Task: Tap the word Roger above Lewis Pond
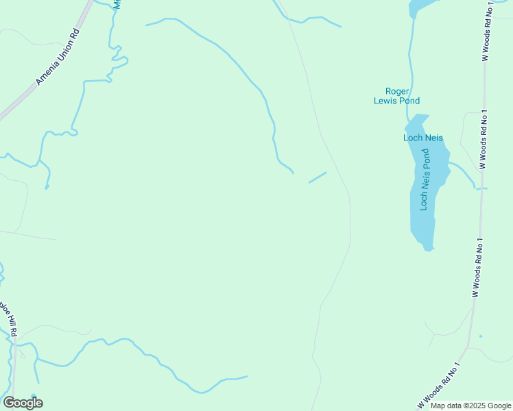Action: (397, 91)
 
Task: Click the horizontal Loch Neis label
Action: (422, 138)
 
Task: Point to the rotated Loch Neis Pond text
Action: (425, 184)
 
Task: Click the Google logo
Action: (23, 403)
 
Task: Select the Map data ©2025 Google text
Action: (470, 406)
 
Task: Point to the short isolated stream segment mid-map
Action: (318, 177)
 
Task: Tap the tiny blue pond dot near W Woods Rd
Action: (480, 336)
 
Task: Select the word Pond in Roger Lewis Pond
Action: (411, 100)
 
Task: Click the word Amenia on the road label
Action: (45, 73)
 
